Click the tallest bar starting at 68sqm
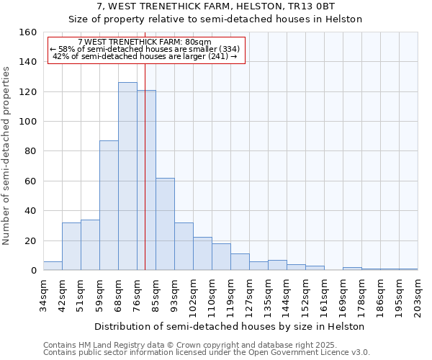pos(127,176)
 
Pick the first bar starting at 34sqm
pos(53,266)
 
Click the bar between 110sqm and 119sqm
pos(221,257)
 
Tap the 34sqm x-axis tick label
pos(43,293)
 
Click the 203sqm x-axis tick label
pos(418,295)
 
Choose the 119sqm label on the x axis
pos(230,295)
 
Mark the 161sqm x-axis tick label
pos(324,295)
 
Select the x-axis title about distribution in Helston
pos(230,327)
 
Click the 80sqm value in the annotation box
pos(198,42)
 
